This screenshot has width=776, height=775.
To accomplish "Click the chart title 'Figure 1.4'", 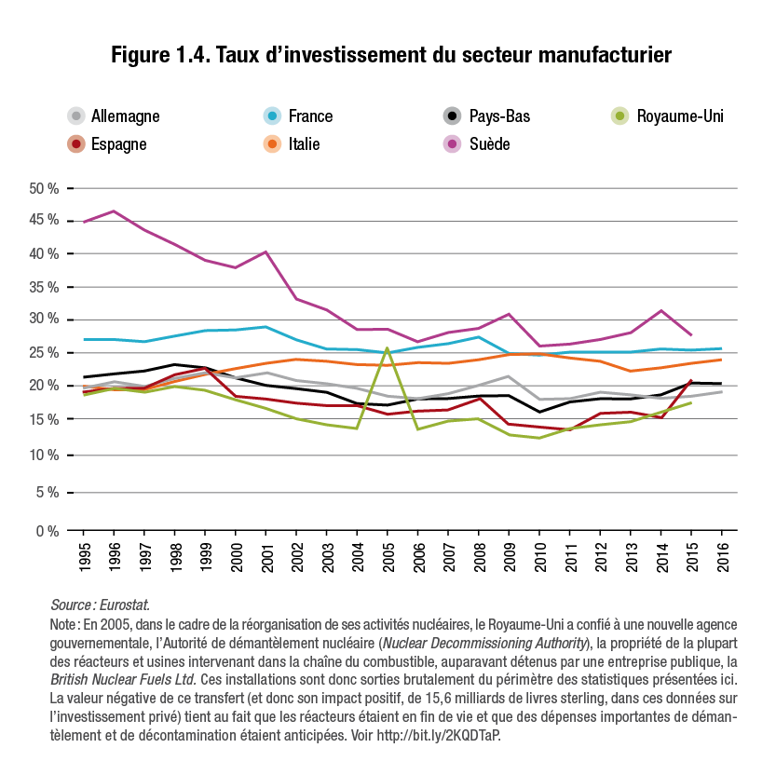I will (x=390, y=55).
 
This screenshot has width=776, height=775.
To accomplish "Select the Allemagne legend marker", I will (x=76, y=116).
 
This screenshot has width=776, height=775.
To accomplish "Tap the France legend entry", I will (x=299, y=116).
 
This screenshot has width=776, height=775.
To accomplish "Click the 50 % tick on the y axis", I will (x=44, y=189).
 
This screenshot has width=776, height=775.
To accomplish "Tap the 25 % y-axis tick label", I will (x=44, y=353).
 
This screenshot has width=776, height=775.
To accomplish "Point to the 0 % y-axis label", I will (x=47, y=531).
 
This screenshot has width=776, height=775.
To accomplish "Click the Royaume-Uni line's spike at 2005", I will (x=387, y=348).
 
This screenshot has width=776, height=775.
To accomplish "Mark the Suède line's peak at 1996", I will (x=115, y=211).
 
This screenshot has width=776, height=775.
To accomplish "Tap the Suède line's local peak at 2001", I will (x=266, y=252).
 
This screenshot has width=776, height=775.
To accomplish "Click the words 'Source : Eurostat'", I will (x=100, y=605).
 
